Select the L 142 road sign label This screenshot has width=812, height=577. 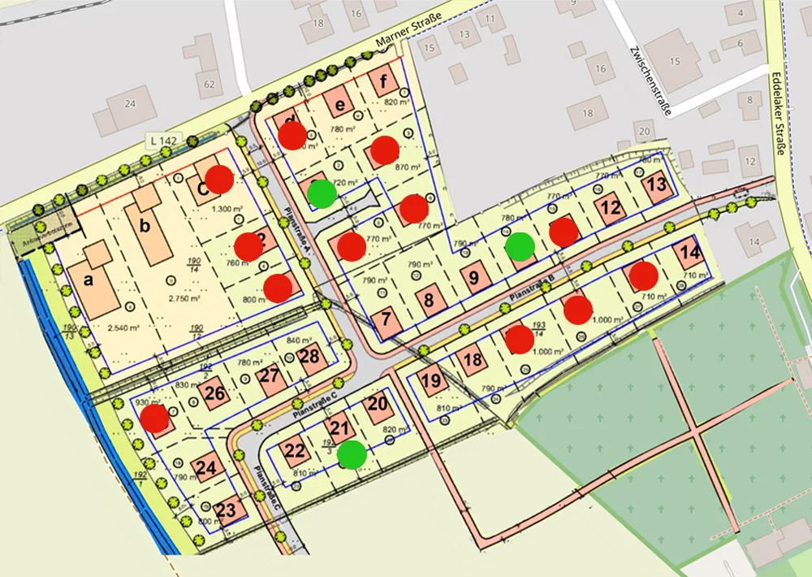point(163,141)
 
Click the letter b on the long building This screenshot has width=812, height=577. point(145,226)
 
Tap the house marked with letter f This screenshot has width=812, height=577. point(383,81)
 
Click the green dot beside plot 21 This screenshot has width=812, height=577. point(352,455)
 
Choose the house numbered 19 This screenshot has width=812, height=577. point(432,380)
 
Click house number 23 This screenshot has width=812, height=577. point(227,510)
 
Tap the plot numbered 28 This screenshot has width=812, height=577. point(309,356)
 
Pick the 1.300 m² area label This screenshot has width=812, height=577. point(227,209)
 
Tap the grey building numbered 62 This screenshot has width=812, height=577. point(209,84)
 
